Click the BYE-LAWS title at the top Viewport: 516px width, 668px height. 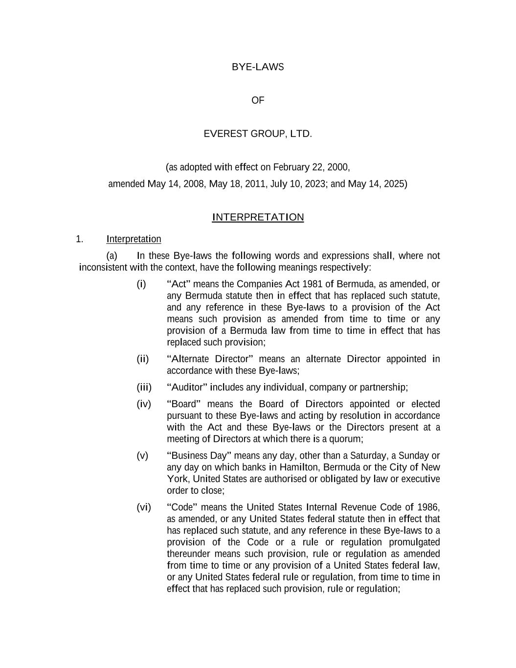click(x=258, y=67)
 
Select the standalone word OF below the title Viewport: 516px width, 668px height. click(x=258, y=100)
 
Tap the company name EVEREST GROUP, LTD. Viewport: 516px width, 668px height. click(x=258, y=134)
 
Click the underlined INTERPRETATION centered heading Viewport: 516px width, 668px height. click(x=258, y=217)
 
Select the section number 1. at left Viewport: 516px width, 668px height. click(x=80, y=239)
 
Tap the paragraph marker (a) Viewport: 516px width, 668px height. click(x=112, y=256)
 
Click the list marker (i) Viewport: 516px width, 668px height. click(x=141, y=284)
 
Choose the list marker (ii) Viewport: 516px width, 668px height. click(x=142, y=359)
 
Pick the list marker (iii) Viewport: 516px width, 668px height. click(x=144, y=388)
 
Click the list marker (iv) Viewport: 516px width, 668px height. click(x=144, y=404)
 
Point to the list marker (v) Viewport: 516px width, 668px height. click(x=142, y=456)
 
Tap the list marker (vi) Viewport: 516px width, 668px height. click(x=144, y=507)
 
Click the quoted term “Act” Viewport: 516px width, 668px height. click(x=179, y=284)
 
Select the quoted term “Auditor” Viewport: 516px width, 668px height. click(x=187, y=388)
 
